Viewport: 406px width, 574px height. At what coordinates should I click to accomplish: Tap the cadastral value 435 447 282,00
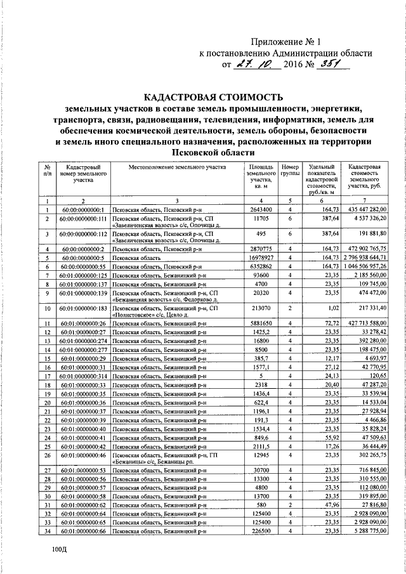click(x=363, y=209)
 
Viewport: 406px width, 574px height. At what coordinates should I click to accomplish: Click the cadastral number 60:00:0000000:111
click(x=82, y=218)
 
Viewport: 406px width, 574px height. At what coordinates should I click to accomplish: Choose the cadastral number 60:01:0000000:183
click(x=82, y=308)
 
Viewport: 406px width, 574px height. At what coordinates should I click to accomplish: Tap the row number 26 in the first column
click(x=48, y=473)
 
